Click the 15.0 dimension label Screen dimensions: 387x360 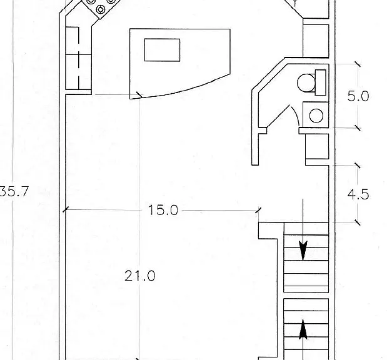pyautogui.click(x=163, y=210)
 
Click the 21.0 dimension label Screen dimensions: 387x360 pyautogui.click(x=140, y=276)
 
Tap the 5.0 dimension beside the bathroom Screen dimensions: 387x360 pyautogui.click(x=358, y=96)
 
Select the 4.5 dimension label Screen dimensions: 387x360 pyautogui.click(x=358, y=194)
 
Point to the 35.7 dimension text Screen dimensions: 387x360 pyautogui.click(x=14, y=191)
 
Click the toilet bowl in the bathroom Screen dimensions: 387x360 pyautogui.click(x=306, y=83)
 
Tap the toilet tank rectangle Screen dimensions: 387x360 pyautogui.click(x=320, y=82)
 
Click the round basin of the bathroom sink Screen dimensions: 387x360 pyautogui.click(x=316, y=116)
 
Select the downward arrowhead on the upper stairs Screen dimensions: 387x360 pyautogui.click(x=303, y=251)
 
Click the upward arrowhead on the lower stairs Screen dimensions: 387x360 pyautogui.click(x=303, y=329)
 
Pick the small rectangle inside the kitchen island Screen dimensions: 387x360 pyautogui.click(x=162, y=50)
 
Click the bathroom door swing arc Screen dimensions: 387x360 pyautogui.click(x=296, y=116)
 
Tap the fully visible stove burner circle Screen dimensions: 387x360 pyautogui.click(x=101, y=9)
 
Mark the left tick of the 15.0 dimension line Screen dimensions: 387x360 pyautogui.click(x=65, y=210)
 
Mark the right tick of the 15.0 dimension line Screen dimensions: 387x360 pyautogui.click(x=258, y=210)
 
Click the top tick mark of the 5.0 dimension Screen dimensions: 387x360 pyautogui.click(x=358, y=64)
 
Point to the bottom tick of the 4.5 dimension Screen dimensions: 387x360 pyautogui.click(x=358, y=222)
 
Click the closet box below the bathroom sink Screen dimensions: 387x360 pyautogui.click(x=317, y=146)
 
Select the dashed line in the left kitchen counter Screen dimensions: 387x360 pyautogui.click(x=79, y=58)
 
